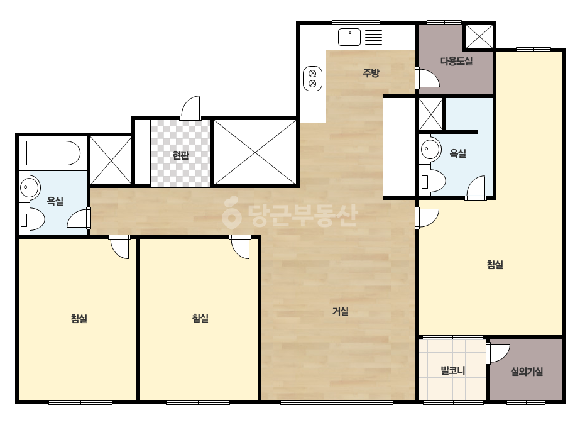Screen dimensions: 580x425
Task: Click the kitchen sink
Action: coord(349,37)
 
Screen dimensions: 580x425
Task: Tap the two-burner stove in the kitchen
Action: coord(312,79)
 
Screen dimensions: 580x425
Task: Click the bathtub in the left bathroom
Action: coord(53,153)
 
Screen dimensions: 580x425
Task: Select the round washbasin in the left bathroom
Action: coord(30,187)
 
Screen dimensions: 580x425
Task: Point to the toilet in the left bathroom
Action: coord(32,219)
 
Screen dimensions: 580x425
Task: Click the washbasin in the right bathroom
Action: coord(430,149)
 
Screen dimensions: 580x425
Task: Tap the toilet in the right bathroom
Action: coord(433,181)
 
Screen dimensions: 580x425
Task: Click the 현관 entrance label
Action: coord(180,155)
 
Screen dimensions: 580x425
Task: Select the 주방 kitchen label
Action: coord(371,72)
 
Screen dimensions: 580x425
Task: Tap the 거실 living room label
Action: coord(341,311)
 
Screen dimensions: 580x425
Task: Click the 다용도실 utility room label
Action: coord(456,61)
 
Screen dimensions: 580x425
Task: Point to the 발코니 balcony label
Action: coord(453,370)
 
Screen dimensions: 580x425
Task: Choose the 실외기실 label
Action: coord(527,371)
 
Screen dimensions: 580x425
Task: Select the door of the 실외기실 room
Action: coord(498,353)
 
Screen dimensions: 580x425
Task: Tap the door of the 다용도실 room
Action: coord(427,78)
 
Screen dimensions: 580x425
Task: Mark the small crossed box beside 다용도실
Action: coord(479,36)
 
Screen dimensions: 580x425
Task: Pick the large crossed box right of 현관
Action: coord(255,152)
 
